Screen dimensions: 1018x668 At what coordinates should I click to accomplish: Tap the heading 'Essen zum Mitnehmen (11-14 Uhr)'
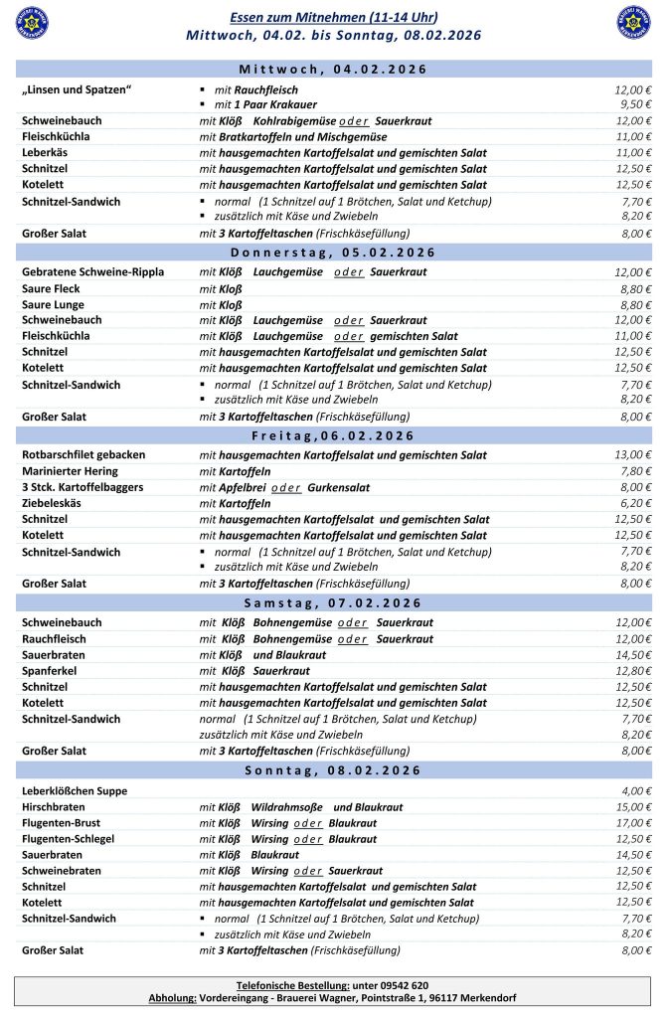click(333, 18)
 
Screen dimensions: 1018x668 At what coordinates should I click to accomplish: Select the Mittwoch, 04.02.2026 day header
click(334, 70)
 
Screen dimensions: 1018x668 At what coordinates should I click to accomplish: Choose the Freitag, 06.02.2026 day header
click(334, 435)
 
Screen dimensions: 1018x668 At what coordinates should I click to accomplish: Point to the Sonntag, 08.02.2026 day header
click(334, 770)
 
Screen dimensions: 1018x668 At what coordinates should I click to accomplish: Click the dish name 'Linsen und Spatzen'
click(77, 90)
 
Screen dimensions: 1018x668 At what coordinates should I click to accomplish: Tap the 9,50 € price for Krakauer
click(633, 104)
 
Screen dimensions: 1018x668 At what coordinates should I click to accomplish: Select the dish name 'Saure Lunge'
click(53, 304)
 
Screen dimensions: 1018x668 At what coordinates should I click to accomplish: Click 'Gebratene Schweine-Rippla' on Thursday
click(92, 271)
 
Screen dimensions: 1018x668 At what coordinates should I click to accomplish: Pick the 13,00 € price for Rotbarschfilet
click(631, 455)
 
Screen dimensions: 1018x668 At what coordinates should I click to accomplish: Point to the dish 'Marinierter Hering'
click(69, 471)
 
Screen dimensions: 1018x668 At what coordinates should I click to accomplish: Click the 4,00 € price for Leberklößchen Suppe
click(634, 791)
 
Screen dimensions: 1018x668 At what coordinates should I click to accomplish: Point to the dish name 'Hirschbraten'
click(54, 807)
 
